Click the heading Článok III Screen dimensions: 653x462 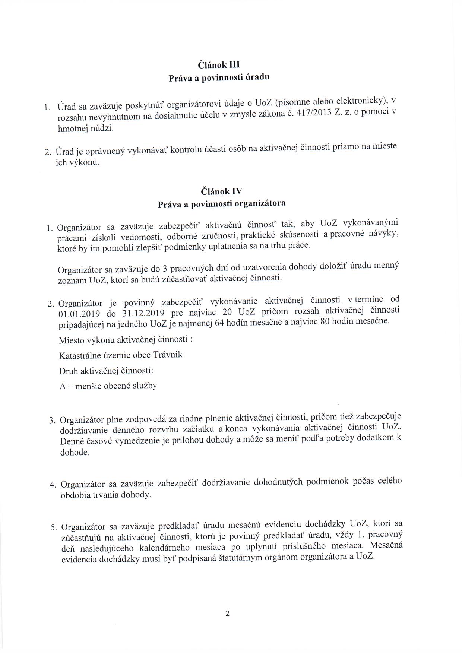[219, 65]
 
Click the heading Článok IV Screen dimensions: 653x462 [221, 191]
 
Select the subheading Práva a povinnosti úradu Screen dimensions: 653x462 [219, 78]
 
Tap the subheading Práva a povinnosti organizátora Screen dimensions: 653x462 [222, 204]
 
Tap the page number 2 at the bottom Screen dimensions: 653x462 [227, 614]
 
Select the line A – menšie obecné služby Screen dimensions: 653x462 [108, 386]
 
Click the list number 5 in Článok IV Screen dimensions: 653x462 [53, 527]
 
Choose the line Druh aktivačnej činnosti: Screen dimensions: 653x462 [107, 371]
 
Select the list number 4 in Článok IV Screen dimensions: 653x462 [53, 485]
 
